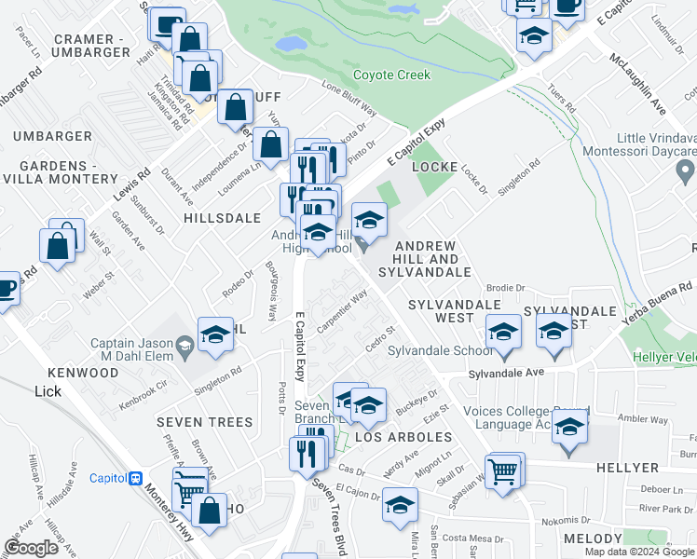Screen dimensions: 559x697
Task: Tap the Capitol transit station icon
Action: pyautogui.click(x=136, y=478)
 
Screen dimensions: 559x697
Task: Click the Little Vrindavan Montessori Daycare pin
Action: pyautogui.click(x=687, y=171)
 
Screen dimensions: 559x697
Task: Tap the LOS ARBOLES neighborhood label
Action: pyautogui.click(x=395, y=437)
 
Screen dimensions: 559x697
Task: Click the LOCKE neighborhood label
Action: pyautogui.click(x=434, y=167)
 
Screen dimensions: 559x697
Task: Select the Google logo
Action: pyautogui.click(x=32, y=548)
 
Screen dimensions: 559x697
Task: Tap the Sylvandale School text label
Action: pyautogui.click(x=440, y=351)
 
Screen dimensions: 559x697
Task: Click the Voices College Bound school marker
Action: pyautogui.click(x=567, y=429)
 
